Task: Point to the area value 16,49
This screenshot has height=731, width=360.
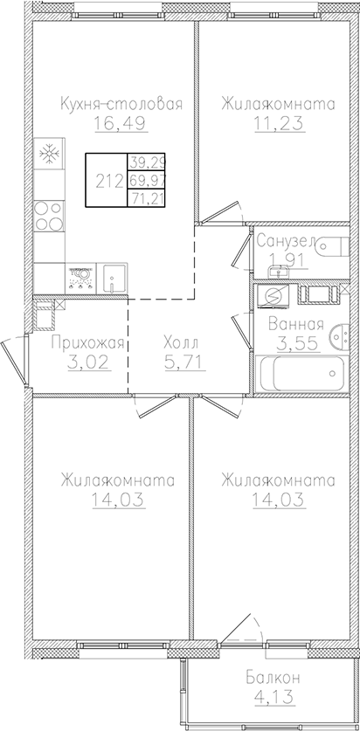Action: (121, 125)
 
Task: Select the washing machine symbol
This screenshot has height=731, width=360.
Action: (271, 297)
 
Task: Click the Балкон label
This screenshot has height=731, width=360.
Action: (267, 678)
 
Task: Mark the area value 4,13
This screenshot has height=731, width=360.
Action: (267, 697)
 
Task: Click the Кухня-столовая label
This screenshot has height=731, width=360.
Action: (121, 105)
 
